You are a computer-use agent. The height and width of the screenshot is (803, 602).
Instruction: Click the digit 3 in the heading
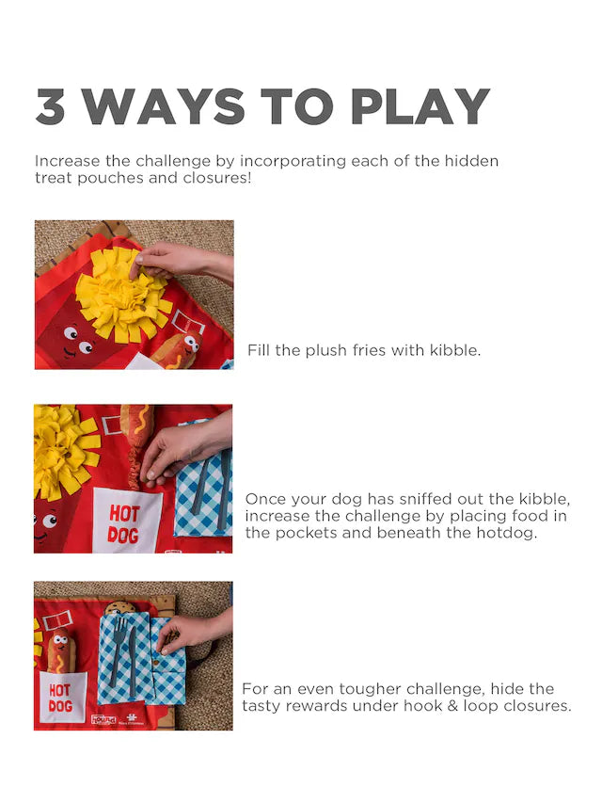point(50,106)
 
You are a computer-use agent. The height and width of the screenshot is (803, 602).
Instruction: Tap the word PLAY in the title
point(420,106)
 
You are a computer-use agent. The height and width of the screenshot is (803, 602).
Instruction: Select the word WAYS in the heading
point(164,106)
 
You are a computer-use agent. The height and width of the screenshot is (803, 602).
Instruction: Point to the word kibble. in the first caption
point(454,350)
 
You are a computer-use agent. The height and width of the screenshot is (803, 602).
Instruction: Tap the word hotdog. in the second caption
point(507,533)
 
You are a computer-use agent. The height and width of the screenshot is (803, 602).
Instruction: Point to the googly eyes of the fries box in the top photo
point(78,340)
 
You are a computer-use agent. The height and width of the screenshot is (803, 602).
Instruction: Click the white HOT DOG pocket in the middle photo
point(126,521)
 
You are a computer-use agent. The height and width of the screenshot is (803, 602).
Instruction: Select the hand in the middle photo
point(184,446)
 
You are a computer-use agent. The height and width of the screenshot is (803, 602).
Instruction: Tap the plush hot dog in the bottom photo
point(61,651)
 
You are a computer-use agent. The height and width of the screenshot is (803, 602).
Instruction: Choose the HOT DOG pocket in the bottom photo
point(61,697)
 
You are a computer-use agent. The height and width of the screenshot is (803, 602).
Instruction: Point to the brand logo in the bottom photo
point(103,719)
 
